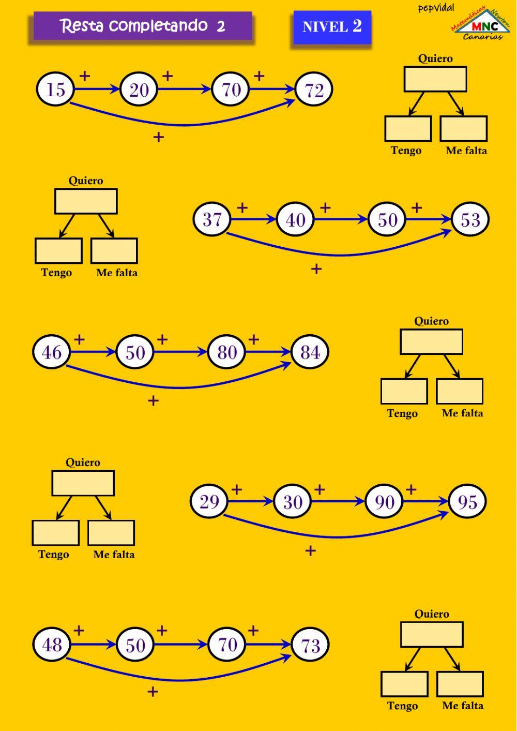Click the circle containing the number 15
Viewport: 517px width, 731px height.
coord(55,89)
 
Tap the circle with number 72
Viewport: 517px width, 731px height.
coord(314,89)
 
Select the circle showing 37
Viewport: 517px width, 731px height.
coord(212,219)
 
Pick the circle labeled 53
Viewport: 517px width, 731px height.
coord(470,219)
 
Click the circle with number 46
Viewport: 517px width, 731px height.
coord(52,352)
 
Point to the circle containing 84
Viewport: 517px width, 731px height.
coord(310,352)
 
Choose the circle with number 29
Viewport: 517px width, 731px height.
coord(209,501)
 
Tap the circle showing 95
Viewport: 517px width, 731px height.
coord(467,501)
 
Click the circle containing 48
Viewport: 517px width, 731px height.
coord(52,645)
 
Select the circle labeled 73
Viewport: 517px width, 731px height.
coord(310,645)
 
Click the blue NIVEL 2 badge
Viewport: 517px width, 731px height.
coord(332,27)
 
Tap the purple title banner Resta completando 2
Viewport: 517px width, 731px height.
coord(143,26)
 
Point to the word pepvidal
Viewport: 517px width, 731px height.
coord(436,8)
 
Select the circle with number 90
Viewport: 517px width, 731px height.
coord(384,501)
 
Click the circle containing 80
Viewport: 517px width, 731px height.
coord(226,352)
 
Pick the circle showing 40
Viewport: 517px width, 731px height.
coord(295,219)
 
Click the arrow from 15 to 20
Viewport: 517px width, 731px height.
coord(97,89)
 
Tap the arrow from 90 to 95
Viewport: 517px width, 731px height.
coord(425,501)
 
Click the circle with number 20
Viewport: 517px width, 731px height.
coord(139,89)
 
